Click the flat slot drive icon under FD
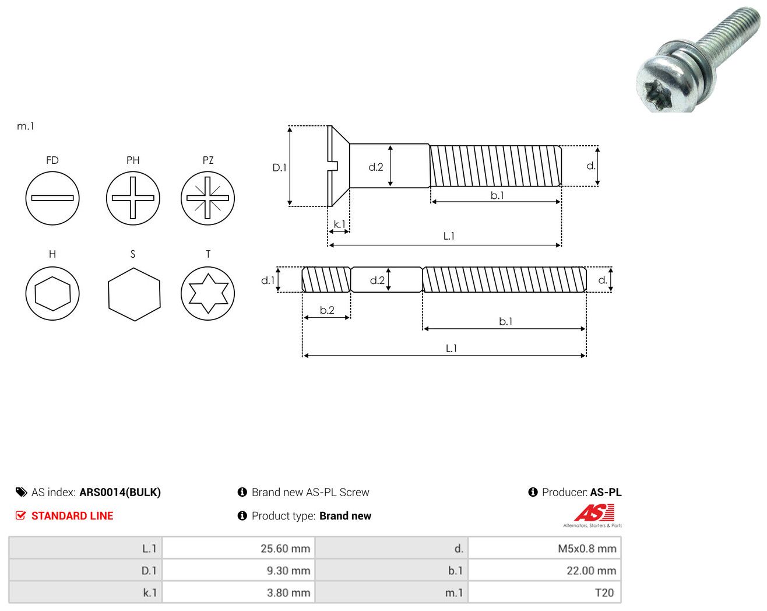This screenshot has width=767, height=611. point(52,198)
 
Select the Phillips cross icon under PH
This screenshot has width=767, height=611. point(133,198)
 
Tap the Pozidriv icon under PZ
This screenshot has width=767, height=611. point(208,198)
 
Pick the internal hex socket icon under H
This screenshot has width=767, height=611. point(52,294)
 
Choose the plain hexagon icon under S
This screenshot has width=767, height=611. point(134,294)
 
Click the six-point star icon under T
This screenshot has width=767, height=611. point(208,294)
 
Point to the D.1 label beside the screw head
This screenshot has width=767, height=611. point(279,167)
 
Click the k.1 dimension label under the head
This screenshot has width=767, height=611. point(339,224)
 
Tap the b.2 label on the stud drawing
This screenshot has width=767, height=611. point(327,310)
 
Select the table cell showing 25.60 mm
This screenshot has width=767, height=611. point(238,548)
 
